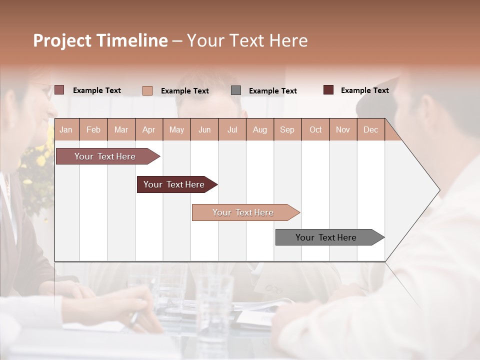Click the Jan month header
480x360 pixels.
point(66,129)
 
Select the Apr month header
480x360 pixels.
point(148,129)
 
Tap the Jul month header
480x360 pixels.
point(232,129)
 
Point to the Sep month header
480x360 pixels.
point(287,129)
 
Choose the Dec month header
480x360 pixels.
point(370,129)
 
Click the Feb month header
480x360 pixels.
point(93,129)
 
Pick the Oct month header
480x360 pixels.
point(315,129)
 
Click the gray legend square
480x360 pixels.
point(236,90)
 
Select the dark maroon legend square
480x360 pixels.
point(328,90)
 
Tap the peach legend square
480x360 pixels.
point(147,90)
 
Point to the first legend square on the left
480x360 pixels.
point(59,90)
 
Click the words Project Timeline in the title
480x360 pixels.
point(100,40)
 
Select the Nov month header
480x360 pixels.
point(343,129)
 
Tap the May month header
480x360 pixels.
point(176,129)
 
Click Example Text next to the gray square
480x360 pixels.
point(272,90)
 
